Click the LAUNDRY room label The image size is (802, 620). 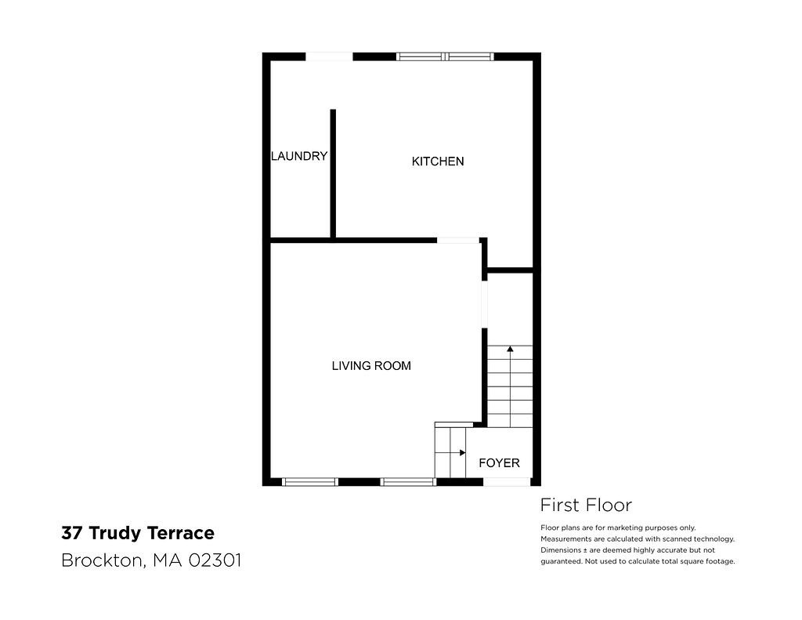pos(299,156)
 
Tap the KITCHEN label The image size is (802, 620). pos(438,161)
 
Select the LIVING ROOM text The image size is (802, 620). pos(371,365)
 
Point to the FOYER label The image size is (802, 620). pos(499,462)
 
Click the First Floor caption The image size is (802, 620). pos(586,506)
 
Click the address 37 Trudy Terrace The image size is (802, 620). pos(138,533)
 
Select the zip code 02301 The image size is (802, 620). pos(215,560)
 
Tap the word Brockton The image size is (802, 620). pos(101,560)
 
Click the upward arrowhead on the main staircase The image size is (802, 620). pos(510,349)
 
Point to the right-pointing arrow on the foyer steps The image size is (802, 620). pos(450,452)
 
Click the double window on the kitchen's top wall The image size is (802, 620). pos(445,56)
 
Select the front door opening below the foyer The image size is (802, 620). pos(507,482)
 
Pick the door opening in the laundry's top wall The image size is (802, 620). pos(329,56)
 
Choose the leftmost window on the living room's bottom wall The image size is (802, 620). pos(310,482)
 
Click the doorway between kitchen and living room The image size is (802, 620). pos(457,240)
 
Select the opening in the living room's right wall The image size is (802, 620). pos(484,304)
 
